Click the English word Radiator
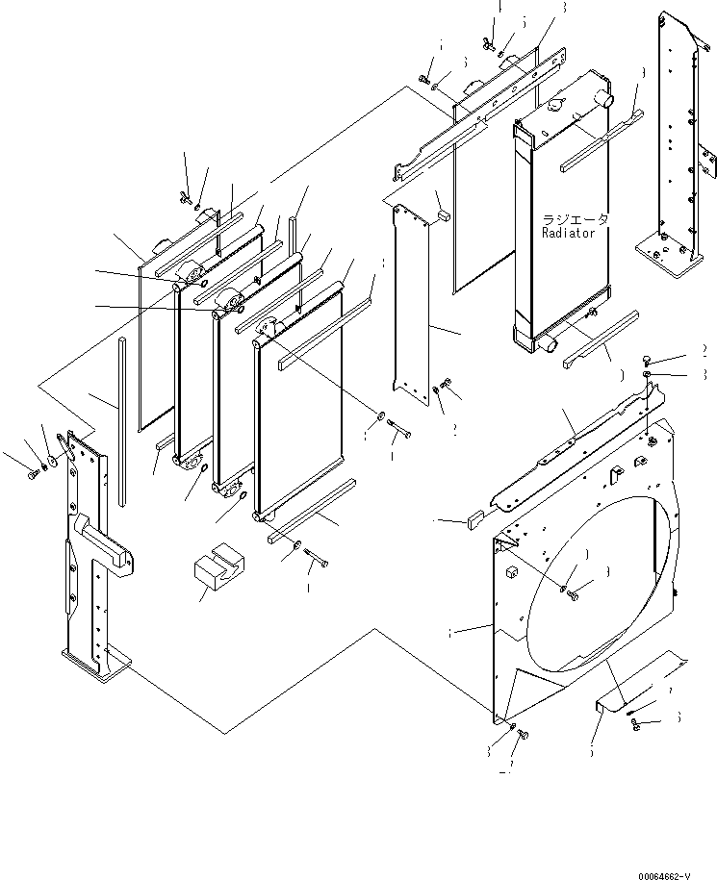pos(568,234)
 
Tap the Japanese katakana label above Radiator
pos(575,220)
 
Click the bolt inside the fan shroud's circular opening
pos(574,594)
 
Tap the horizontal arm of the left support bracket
pos(104,541)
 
